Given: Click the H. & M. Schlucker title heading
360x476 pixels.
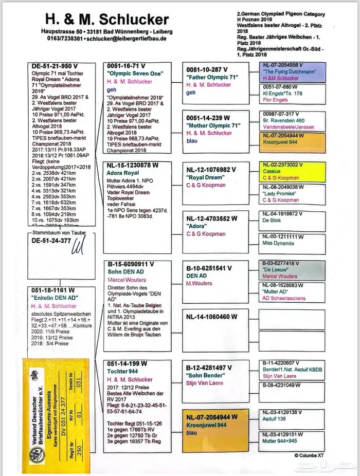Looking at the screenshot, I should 106,20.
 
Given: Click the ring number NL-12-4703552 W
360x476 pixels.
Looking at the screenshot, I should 212,218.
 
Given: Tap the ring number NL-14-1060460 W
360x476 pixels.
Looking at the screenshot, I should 212,317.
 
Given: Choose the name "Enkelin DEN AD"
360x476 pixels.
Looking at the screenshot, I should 55,298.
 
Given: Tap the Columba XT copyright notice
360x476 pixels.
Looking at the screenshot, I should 309,454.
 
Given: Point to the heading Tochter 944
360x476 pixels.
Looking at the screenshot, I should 124,371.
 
